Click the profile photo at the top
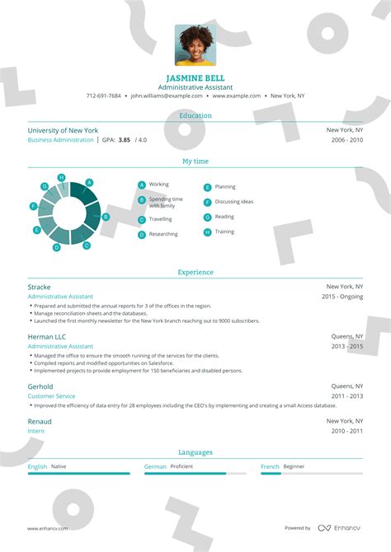click(x=195, y=44)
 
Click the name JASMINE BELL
click(x=195, y=77)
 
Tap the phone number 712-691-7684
click(x=103, y=96)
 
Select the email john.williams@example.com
click(x=167, y=96)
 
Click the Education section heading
click(x=195, y=115)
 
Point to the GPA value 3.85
click(x=125, y=140)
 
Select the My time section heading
click(x=195, y=161)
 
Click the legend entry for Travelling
click(x=160, y=219)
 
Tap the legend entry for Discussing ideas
click(x=233, y=202)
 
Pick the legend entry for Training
click(x=224, y=232)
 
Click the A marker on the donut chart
click(x=89, y=182)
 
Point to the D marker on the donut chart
click(x=56, y=247)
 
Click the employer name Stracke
click(x=40, y=287)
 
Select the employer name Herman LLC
click(x=46, y=337)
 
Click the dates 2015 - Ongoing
click(x=342, y=296)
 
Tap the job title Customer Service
click(x=52, y=396)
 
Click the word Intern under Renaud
click(x=36, y=431)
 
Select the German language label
click(x=155, y=466)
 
